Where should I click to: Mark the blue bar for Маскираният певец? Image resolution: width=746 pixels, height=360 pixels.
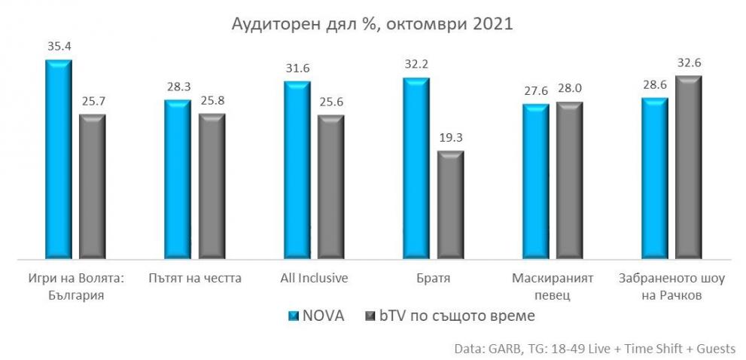coord(535,182)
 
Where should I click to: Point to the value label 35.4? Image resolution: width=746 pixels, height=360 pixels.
coord(59,47)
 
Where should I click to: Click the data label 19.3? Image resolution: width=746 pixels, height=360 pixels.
coord(450,138)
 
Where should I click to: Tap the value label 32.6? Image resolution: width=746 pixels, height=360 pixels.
coord(688,63)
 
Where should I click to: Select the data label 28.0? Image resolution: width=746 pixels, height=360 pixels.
coord(570,89)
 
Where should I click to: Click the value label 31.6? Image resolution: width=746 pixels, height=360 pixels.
coord(297,69)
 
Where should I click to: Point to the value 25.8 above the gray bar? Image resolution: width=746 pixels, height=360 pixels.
coord(212,100)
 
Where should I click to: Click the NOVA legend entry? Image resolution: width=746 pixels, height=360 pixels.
coord(317,316)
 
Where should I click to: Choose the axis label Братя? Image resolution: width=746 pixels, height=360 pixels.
coord(433,278)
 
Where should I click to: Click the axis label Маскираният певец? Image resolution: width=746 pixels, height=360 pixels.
coord(552,286)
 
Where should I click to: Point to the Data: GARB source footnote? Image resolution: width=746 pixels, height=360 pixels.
coord(595,348)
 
